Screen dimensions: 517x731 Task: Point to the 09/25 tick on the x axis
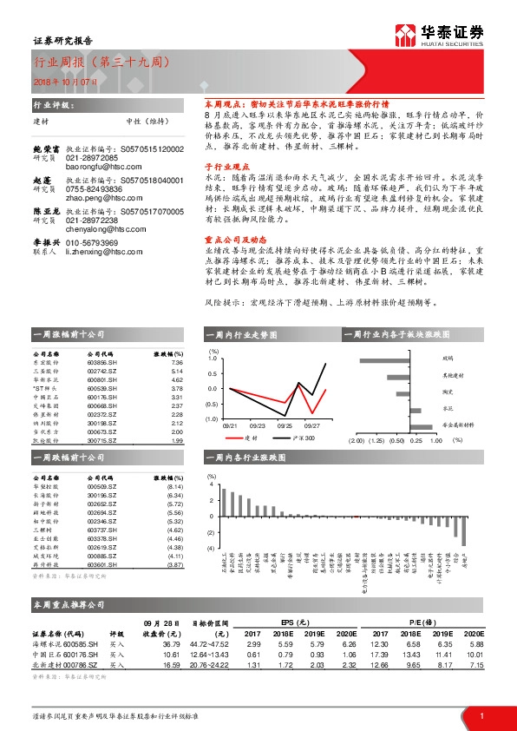(x=285, y=425)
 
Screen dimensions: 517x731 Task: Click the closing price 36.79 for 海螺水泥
(x=170, y=644)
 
